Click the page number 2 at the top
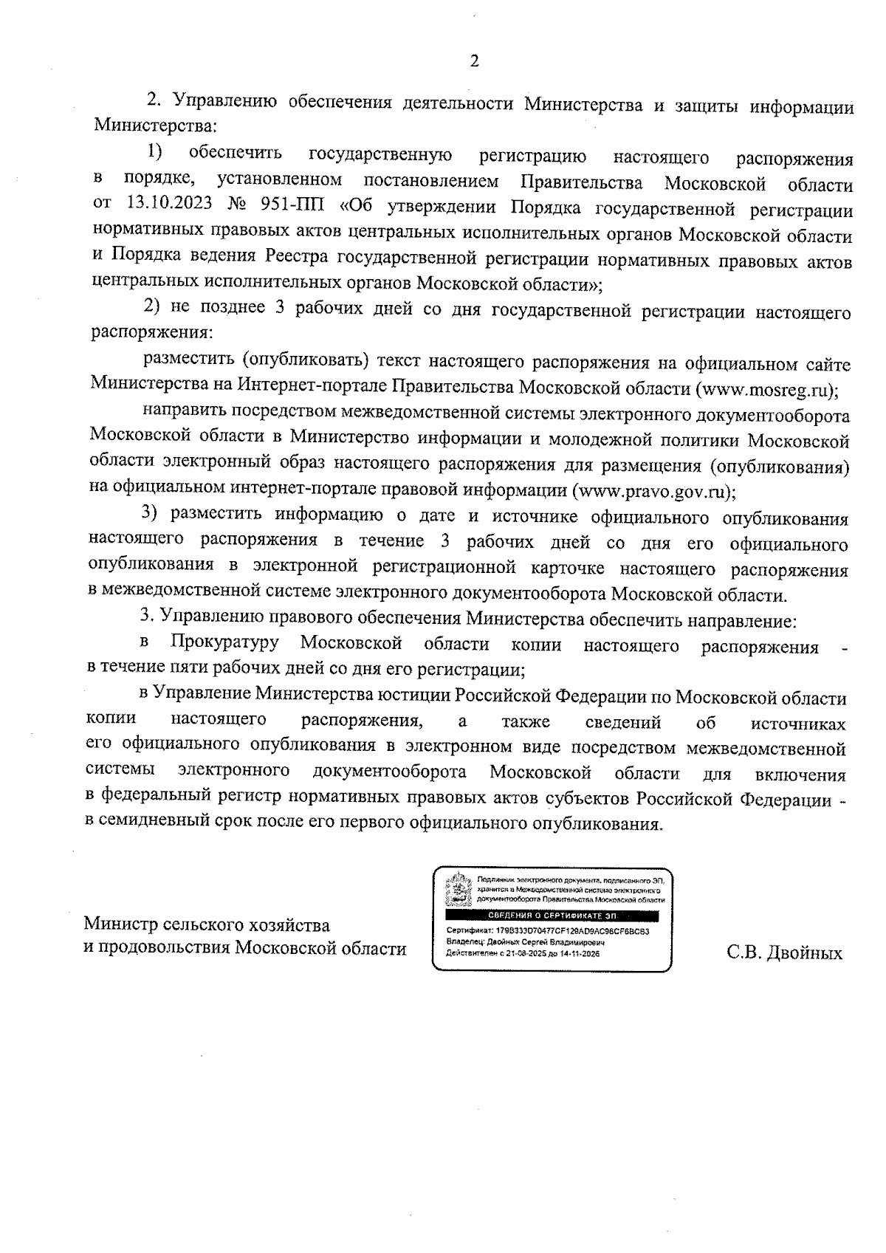(474, 61)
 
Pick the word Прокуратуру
(224, 644)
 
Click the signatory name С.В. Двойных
(784, 953)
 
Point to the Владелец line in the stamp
(525, 943)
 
